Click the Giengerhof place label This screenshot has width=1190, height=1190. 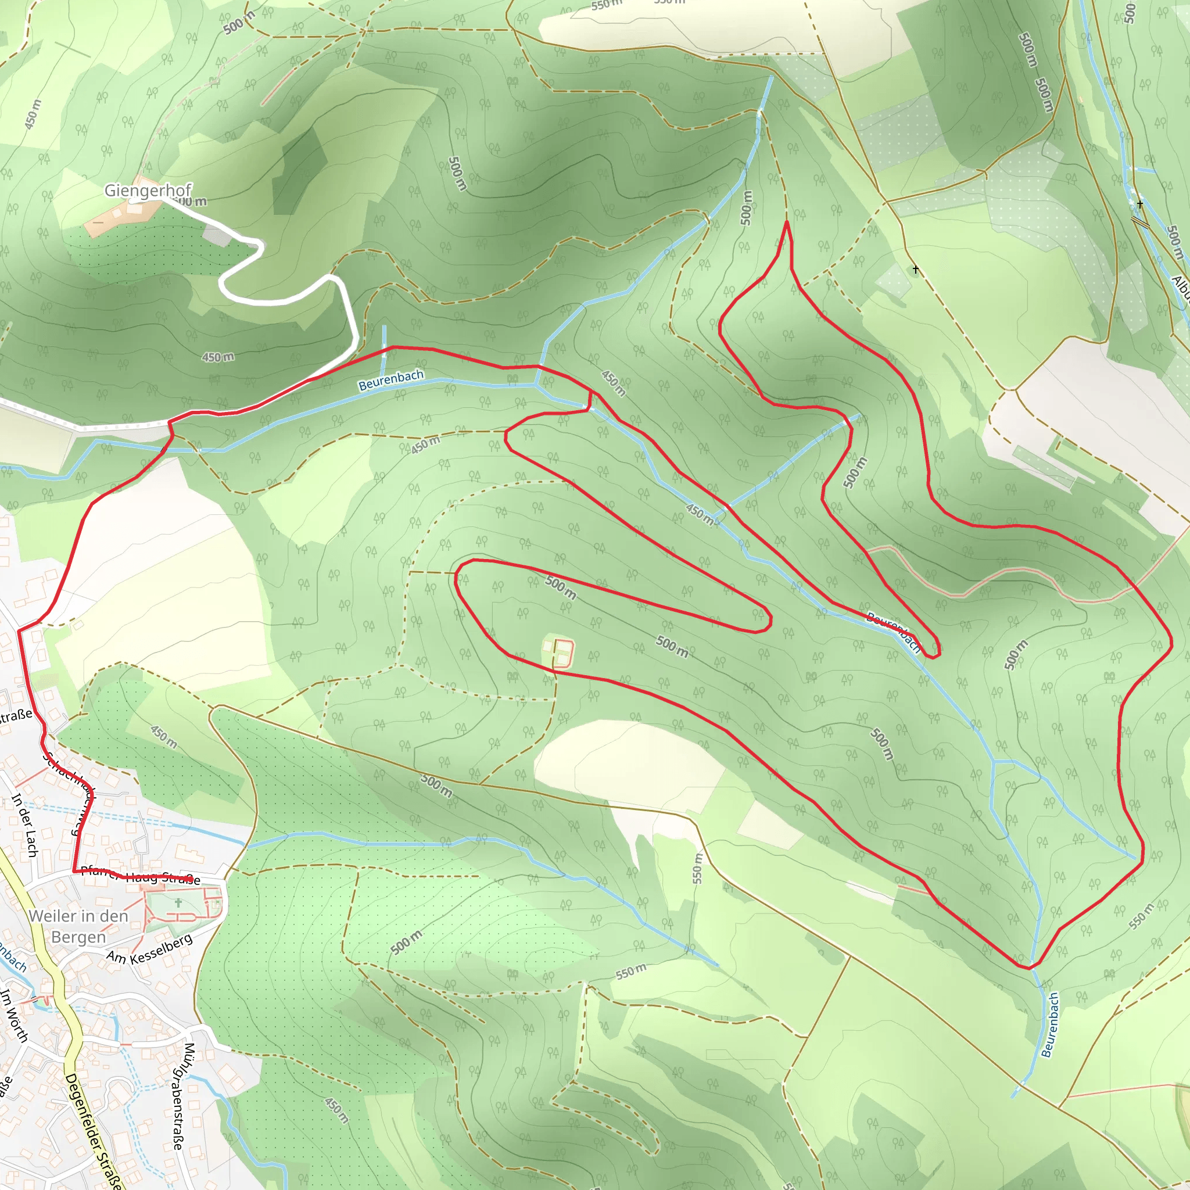click(148, 191)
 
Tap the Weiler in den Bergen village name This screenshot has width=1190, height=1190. click(78, 926)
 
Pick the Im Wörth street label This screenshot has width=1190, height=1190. click(13, 1016)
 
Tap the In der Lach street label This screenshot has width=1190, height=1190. click(24, 825)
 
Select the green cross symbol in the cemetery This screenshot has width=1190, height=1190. click(178, 903)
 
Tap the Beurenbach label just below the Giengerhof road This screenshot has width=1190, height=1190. click(391, 380)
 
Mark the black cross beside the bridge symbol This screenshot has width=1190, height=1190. click(1140, 205)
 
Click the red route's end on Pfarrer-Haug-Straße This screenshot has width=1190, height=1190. click(188, 878)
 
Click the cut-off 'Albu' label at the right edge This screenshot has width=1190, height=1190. click(1181, 289)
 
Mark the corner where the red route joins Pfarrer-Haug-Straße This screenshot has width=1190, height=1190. click(74, 872)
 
